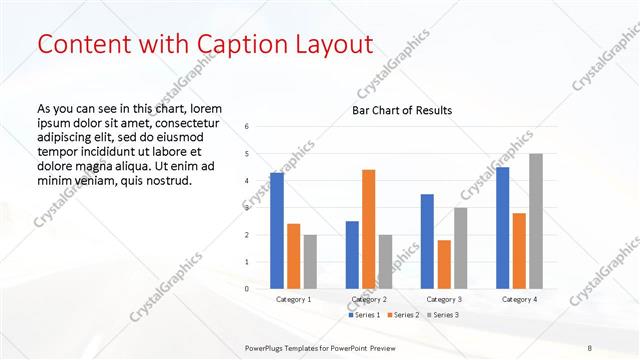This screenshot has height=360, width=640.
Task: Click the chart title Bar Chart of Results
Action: click(402, 110)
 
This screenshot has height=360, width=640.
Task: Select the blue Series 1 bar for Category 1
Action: click(277, 231)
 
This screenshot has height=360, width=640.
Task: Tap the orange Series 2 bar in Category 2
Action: click(368, 229)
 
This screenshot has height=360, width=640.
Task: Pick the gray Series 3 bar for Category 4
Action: click(536, 221)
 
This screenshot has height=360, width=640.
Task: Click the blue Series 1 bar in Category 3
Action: click(427, 241)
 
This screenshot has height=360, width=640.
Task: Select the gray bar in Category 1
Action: click(310, 262)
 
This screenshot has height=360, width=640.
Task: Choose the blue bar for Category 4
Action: click(502, 228)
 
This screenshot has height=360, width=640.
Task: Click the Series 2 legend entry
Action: click(403, 315)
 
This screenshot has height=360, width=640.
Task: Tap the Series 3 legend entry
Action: click(443, 315)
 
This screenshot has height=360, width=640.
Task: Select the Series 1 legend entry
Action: click(363, 315)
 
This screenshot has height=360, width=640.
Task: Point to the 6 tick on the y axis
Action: click(246, 126)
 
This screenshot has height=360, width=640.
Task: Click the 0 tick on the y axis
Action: click(246, 289)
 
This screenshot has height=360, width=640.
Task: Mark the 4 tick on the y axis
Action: click(246, 181)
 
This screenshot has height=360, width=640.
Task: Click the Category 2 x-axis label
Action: click(369, 299)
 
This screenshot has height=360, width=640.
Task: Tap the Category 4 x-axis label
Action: click(519, 299)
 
